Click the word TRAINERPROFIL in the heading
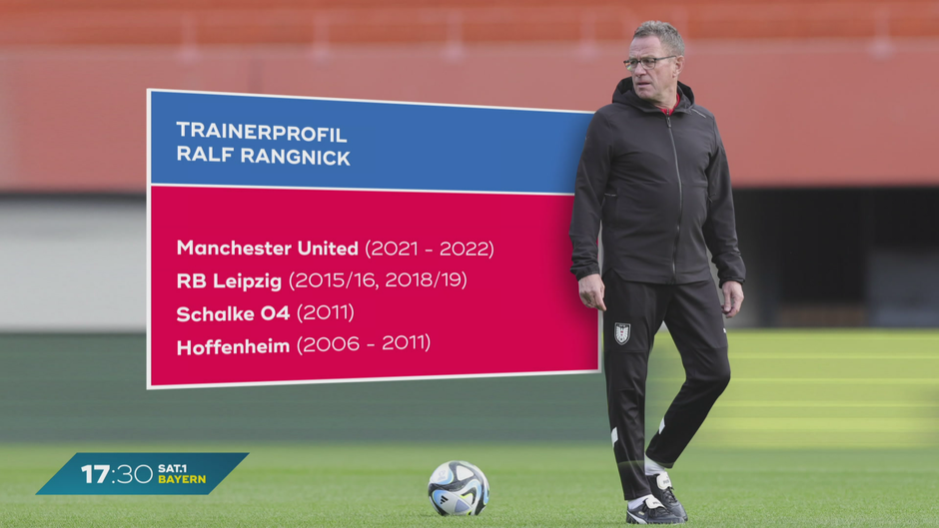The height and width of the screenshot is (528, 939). (x=262, y=133)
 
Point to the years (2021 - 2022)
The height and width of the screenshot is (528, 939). (x=430, y=249)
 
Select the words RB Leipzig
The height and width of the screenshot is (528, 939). (x=229, y=280)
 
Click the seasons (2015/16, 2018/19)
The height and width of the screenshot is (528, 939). (x=378, y=280)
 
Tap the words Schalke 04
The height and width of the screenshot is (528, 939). (x=233, y=313)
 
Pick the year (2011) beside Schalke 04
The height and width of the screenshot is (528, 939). (x=326, y=312)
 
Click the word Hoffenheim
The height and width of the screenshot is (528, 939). (x=233, y=346)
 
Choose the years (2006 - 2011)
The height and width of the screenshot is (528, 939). (x=364, y=344)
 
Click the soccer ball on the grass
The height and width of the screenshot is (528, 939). (x=459, y=488)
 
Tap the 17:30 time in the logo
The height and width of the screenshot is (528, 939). (x=117, y=474)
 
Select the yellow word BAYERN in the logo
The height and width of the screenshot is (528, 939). (x=182, y=479)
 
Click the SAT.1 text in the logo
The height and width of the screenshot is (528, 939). (x=173, y=468)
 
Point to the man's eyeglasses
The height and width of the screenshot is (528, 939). (x=648, y=62)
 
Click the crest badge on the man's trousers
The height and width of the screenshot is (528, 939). (x=622, y=333)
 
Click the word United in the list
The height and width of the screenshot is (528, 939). (x=329, y=248)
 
